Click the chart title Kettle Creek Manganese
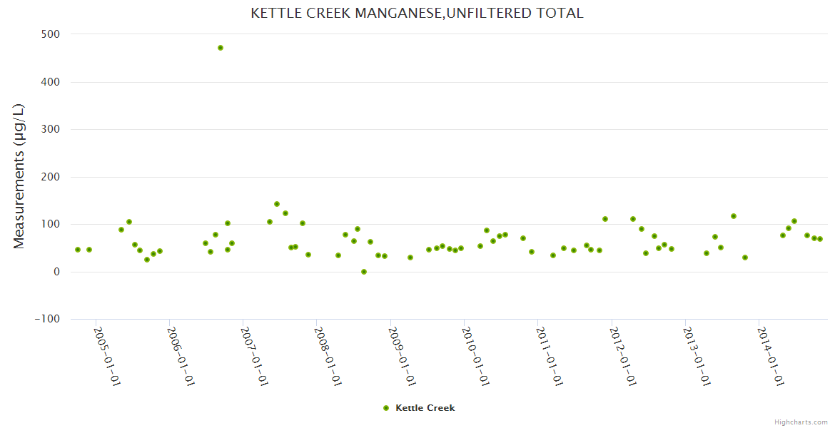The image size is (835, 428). click(x=417, y=13)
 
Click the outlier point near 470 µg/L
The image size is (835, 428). click(x=221, y=48)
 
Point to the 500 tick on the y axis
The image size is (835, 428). click(x=50, y=34)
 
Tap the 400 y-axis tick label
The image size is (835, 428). click(x=50, y=82)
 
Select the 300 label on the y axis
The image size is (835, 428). click(x=50, y=129)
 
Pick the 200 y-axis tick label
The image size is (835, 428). click(x=50, y=177)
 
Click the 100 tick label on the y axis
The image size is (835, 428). click(x=50, y=224)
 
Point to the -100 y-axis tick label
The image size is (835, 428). click(x=47, y=319)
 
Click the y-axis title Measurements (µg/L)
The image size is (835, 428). click(x=19, y=176)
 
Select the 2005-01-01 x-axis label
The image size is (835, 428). click(x=106, y=357)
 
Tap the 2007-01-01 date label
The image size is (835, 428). click(x=254, y=357)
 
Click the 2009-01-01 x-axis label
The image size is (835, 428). click(x=402, y=357)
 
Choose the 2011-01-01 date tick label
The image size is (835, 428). click(x=550, y=357)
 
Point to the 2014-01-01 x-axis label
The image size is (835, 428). click(x=771, y=357)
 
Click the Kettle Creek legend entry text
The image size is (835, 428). click(x=425, y=408)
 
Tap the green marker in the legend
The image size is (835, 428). click(x=386, y=408)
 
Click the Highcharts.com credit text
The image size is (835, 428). click(x=801, y=422)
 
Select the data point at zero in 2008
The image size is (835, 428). click(x=364, y=272)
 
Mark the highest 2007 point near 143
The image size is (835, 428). click(x=277, y=204)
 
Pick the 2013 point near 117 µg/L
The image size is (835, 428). click(x=734, y=216)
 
